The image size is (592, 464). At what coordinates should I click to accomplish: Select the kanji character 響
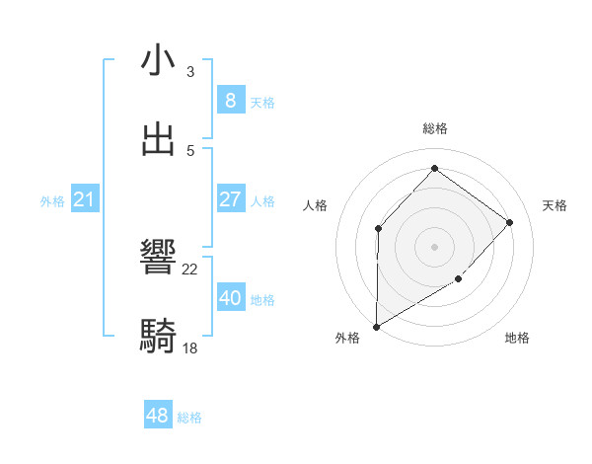pos(159,259)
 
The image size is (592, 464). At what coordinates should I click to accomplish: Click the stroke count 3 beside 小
pos(190,72)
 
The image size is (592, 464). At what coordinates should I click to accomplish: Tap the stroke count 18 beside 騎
pos(190,348)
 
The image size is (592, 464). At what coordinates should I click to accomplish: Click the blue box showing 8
pos(230,100)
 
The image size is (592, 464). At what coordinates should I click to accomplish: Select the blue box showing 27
pos(230,198)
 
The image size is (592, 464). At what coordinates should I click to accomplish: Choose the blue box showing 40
pos(230,297)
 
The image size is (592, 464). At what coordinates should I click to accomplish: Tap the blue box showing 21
pos(85,199)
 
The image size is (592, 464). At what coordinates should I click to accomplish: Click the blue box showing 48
pos(157,416)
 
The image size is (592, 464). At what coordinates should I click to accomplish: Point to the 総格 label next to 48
pos(189,418)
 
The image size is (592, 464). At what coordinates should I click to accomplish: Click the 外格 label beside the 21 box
pos(52,201)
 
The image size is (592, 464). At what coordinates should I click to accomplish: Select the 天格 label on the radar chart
pos(555,205)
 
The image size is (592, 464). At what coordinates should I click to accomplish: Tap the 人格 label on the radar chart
pos(315,205)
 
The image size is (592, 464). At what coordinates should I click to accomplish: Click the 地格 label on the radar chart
pos(517,338)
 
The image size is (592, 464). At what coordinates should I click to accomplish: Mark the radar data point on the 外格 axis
pos(376,326)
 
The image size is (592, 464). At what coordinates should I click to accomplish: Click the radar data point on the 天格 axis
pos(510,222)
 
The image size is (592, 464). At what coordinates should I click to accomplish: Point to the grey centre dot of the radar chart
pos(434,246)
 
